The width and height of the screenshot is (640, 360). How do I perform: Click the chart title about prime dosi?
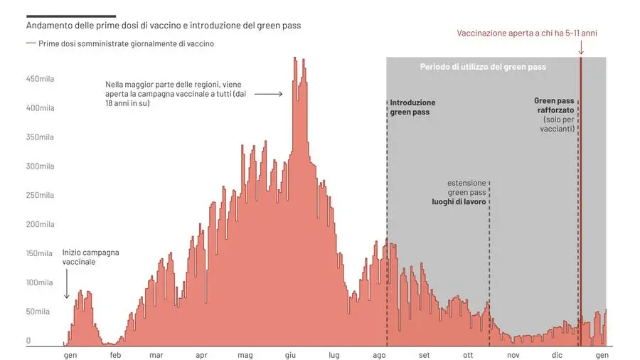click(164, 26)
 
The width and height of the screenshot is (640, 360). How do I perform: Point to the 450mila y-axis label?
click(40, 79)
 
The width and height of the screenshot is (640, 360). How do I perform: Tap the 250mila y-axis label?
click(40, 196)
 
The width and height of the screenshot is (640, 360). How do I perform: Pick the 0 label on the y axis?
click(28, 341)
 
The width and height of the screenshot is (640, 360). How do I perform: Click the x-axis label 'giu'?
click(290, 355)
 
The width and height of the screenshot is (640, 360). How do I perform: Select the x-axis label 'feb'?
click(115, 355)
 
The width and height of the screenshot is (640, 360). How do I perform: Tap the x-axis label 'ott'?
click(467, 355)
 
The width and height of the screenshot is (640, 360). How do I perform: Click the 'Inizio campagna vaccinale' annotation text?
click(90, 257)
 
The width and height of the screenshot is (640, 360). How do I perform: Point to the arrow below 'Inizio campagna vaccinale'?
click(66, 288)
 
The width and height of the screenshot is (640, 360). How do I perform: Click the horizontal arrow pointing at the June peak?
click(268, 93)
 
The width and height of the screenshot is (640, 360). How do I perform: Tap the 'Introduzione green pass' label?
click(412, 107)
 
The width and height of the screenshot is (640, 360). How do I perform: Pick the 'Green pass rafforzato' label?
click(554, 105)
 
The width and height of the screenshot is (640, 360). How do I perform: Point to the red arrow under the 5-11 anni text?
click(581, 48)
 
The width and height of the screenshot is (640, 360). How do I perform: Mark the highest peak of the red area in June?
click(295, 59)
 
